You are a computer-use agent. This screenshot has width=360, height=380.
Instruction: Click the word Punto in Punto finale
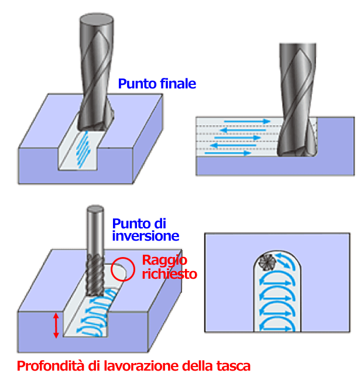point(138,84)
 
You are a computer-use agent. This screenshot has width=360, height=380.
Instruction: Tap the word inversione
point(146,236)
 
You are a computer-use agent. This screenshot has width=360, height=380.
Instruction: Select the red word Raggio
point(164,261)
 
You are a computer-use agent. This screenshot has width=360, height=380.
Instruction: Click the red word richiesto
point(170,274)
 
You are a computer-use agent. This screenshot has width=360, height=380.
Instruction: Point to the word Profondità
point(51,365)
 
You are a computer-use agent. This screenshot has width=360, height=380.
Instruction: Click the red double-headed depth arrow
point(56,325)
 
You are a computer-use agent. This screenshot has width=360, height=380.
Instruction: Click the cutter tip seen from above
point(267,262)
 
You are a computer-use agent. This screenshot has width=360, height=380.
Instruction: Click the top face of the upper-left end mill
point(97,18)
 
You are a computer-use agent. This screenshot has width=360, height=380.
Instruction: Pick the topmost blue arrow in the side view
point(247,121)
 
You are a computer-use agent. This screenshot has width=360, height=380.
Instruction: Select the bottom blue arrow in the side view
point(228,153)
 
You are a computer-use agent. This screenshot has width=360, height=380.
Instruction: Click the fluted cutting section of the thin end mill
point(95,275)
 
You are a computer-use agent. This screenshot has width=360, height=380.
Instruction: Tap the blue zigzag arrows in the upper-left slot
point(83,149)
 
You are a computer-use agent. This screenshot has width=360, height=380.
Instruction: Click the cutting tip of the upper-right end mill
point(297,152)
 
